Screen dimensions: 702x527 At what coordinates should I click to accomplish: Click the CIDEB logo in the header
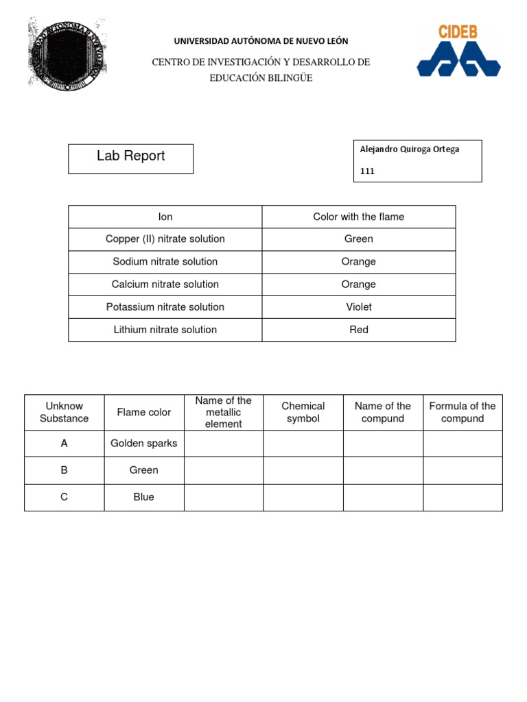458,51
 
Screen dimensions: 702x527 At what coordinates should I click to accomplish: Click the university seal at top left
67,53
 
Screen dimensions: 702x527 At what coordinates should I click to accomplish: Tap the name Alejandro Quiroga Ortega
410,149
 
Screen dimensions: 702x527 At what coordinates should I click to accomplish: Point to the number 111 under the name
367,171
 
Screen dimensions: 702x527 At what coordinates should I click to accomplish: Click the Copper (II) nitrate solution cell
165,239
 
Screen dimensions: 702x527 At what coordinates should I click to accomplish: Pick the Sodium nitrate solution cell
165,262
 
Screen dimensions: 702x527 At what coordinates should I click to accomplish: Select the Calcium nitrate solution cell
165,285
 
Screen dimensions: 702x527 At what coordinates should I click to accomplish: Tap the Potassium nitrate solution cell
165,307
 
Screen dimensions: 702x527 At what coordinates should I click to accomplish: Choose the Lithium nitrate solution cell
165,330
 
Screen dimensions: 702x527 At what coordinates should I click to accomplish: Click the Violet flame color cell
359,307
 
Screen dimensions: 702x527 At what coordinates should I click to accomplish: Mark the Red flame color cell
359,330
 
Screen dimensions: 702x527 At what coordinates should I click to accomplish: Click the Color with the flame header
359,217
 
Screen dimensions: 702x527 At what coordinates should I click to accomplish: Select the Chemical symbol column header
303,412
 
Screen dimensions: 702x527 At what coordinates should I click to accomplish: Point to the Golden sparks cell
144,444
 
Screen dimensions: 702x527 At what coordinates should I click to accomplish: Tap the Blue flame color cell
144,497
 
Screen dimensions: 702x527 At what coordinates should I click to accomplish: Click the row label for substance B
65,470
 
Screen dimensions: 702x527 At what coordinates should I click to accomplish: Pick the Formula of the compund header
462,412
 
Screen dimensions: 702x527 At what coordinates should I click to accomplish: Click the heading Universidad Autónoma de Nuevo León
261,41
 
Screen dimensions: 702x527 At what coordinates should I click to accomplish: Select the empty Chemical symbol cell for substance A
303,444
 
